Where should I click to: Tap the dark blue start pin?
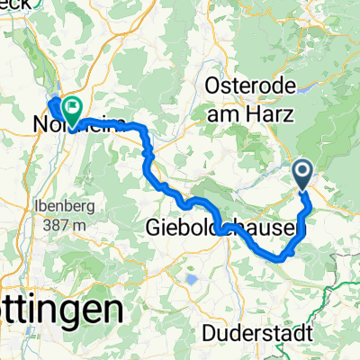pyautogui.click(x=302, y=172)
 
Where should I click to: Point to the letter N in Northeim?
pyautogui.click(x=41, y=126)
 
